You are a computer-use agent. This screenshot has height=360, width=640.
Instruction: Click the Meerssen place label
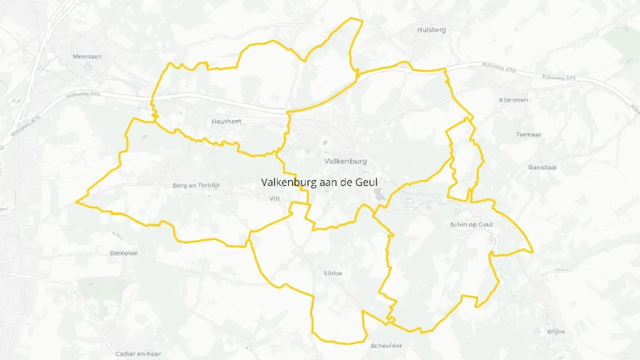(87, 56)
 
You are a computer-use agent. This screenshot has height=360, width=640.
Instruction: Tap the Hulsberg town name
(432, 29)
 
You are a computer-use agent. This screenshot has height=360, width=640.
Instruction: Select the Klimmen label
(514, 100)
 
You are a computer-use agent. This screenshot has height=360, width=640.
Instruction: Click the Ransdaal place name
(541, 167)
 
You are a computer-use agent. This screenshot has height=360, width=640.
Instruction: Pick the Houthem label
(226, 121)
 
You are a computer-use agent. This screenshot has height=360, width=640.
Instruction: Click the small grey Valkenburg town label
(346, 161)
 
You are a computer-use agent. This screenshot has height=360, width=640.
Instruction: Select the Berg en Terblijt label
(197, 186)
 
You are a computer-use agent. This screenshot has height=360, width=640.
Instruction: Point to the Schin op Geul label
(471, 224)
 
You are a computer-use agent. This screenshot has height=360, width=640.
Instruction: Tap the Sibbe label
(333, 273)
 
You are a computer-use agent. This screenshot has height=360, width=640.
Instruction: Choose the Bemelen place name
(124, 253)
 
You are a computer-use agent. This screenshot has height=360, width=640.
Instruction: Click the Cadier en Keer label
(138, 354)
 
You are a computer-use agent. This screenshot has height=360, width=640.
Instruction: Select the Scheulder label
(386, 346)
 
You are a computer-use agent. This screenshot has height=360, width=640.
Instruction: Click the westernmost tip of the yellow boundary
(76, 202)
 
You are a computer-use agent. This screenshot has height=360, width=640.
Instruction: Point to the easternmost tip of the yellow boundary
(532, 252)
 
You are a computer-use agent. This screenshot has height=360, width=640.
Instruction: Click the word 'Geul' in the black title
(366, 182)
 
